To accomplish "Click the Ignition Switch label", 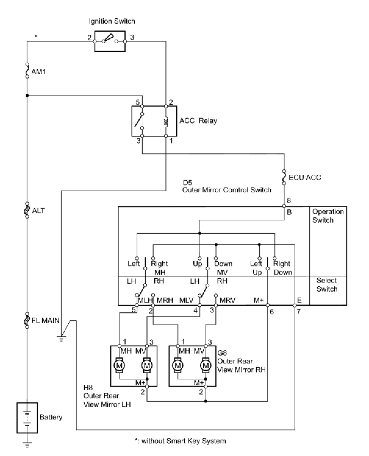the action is (x=112, y=21).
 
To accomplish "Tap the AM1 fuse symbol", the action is (x=27, y=70).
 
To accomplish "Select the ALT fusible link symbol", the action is (x=27, y=210).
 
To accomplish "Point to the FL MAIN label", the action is (x=45, y=321).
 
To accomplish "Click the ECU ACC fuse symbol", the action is (x=284, y=177).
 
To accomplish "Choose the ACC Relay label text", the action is (x=198, y=121).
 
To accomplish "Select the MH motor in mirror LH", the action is (x=119, y=365).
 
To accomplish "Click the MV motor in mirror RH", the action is (x=206, y=365).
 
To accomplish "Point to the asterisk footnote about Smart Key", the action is (x=180, y=441).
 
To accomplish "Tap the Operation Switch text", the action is (x=328, y=216).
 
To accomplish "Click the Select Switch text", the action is (x=327, y=285).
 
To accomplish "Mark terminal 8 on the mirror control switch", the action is (x=284, y=206).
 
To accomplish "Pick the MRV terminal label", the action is (x=227, y=300).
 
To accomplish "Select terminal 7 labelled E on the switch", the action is (x=295, y=305).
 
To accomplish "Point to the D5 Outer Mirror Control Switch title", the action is (x=227, y=186).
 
